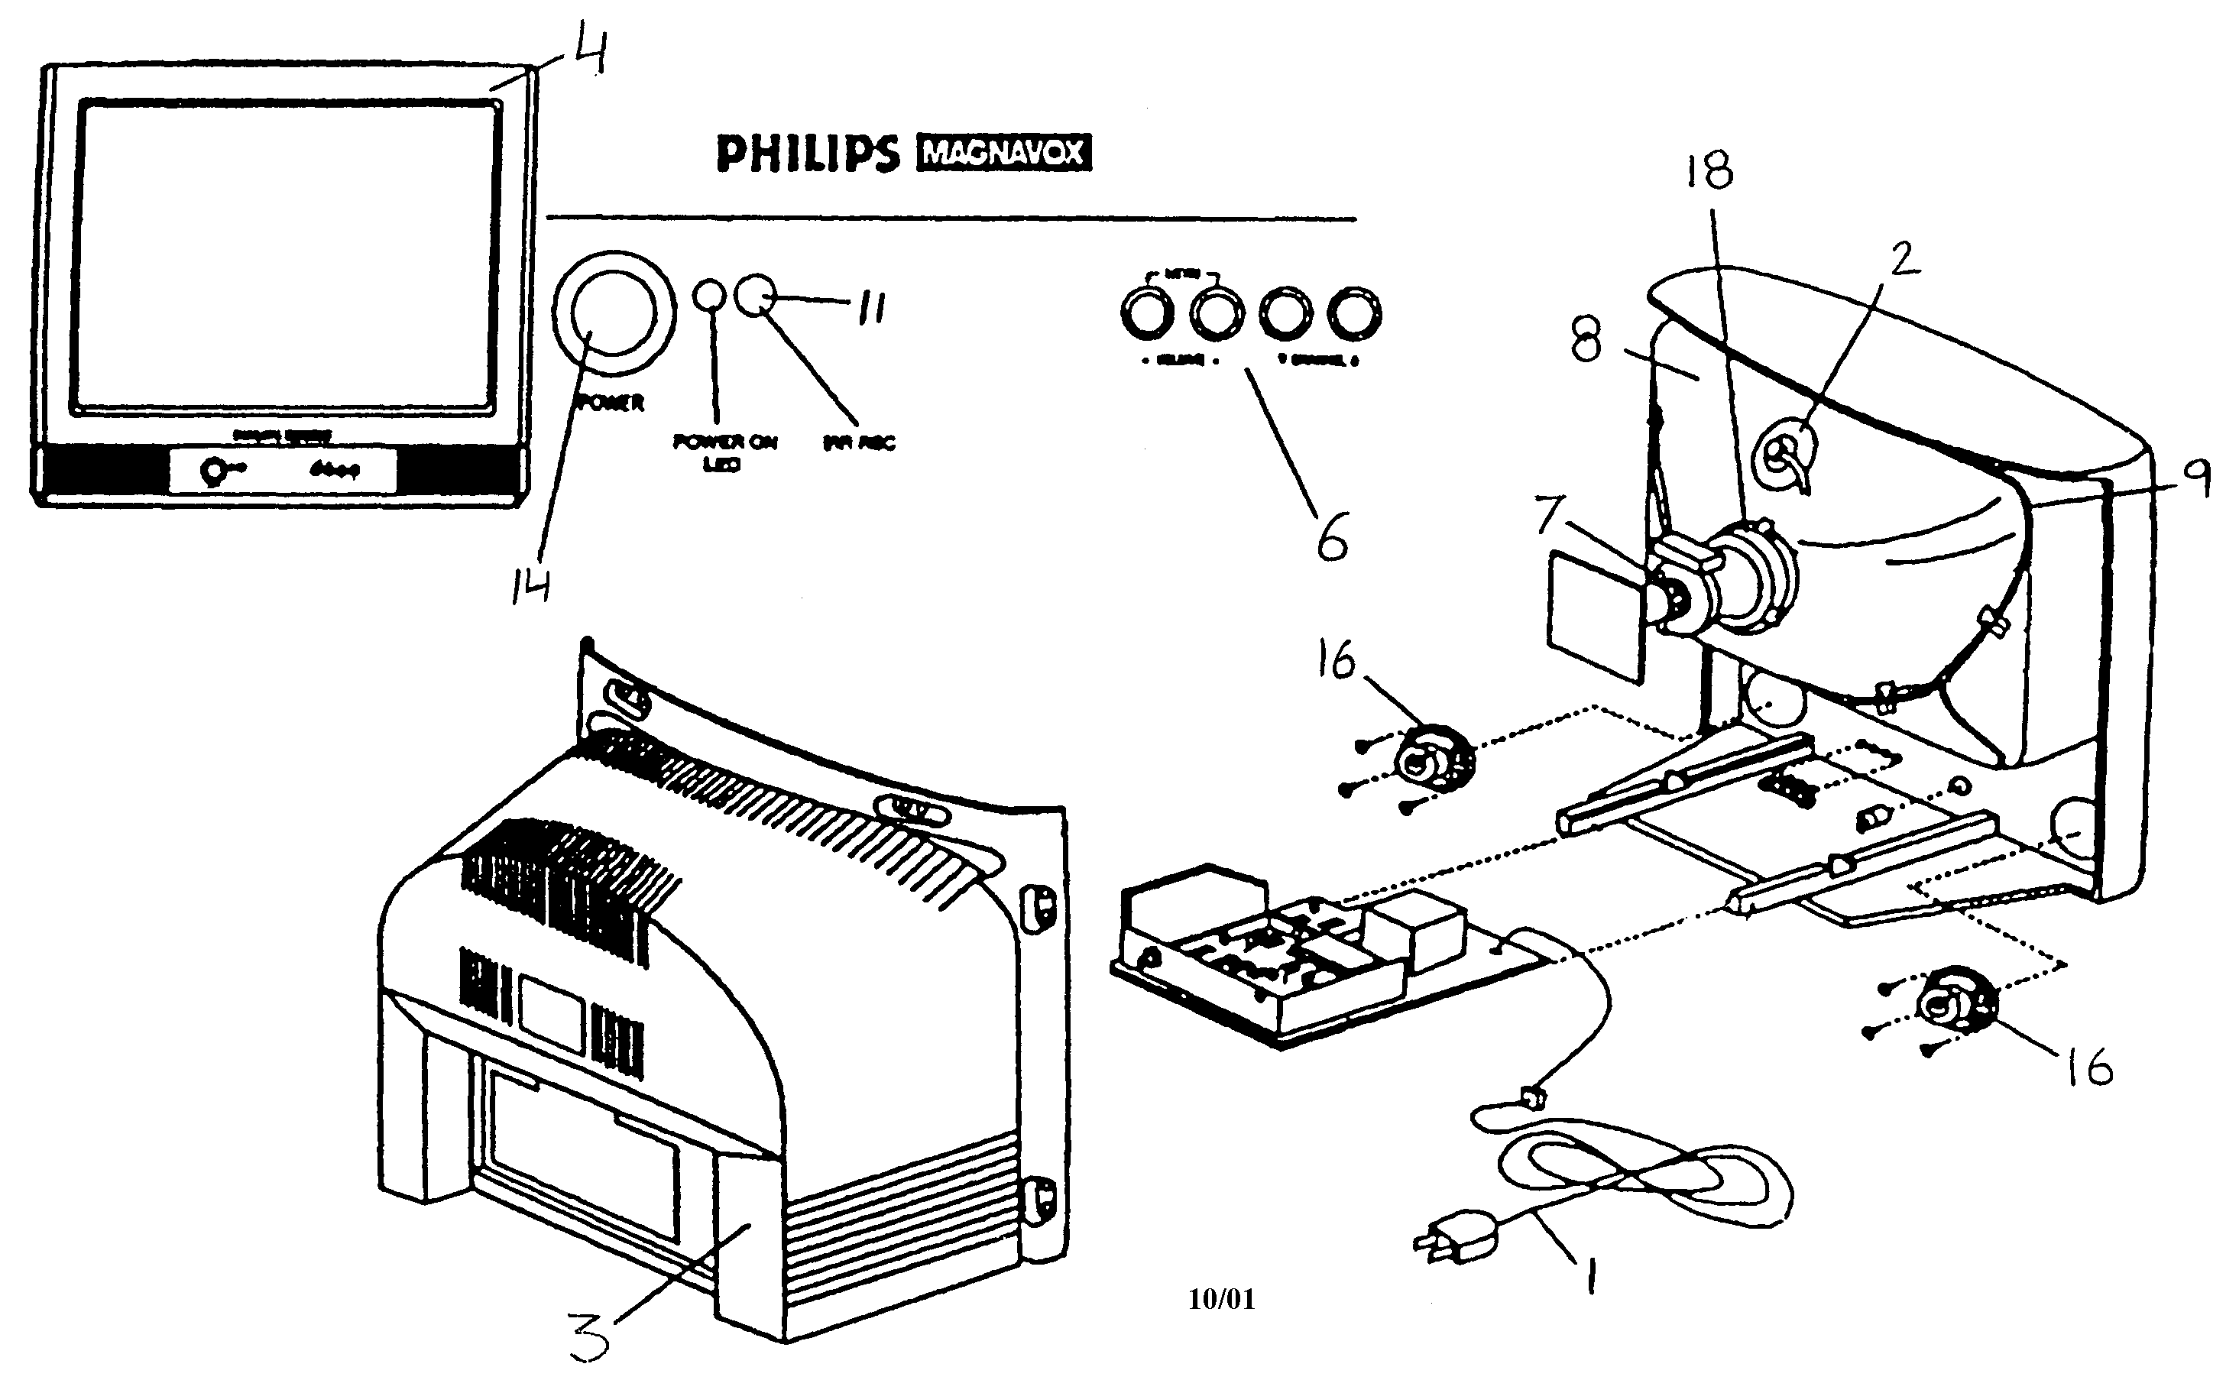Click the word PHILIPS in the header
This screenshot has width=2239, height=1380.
coord(808,154)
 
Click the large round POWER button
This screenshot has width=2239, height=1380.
coord(614,313)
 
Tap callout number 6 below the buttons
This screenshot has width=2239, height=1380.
coord(1332,539)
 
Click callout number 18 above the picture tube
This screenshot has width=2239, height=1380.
coord(1709,170)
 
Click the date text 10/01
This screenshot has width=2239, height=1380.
coord(1221,1299)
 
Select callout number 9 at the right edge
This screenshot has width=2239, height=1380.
coord(2197,478)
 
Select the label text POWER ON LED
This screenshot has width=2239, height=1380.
coord(724,452)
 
